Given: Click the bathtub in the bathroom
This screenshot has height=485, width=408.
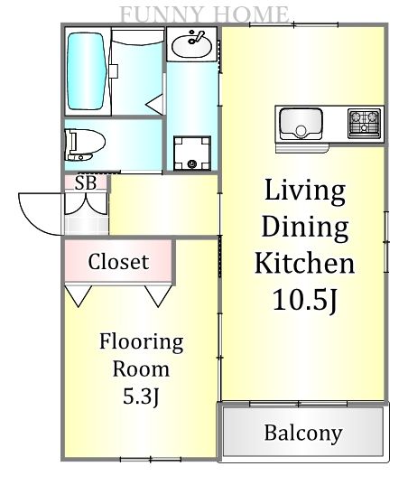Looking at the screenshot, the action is [87, 71].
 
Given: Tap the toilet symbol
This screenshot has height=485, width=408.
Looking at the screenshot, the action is [84, 145].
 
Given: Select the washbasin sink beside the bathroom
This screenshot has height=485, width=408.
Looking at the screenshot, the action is [191, 44].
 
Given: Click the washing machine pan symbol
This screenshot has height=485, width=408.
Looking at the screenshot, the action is [192, 153].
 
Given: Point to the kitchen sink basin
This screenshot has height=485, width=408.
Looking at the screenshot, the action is [301, 124].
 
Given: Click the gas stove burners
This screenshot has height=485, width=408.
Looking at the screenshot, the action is [364, 123].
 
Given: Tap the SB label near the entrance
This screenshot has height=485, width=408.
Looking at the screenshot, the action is [86, 183].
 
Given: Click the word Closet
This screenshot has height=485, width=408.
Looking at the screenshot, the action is [118, 262].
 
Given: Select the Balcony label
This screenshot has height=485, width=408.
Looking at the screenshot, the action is [303, 433].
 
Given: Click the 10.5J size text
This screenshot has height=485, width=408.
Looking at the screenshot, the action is [304, 299].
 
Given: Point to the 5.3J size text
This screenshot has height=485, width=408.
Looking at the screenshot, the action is [141, 396].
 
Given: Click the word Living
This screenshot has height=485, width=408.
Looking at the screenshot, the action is [305, 191].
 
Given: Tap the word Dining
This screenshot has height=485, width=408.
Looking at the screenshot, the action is [305, 228].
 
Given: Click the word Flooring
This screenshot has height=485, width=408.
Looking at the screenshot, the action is [141, 342].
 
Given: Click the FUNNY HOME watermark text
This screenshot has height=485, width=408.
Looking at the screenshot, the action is [204, 14].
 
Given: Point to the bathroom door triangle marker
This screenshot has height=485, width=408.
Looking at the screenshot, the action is [155, 105].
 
